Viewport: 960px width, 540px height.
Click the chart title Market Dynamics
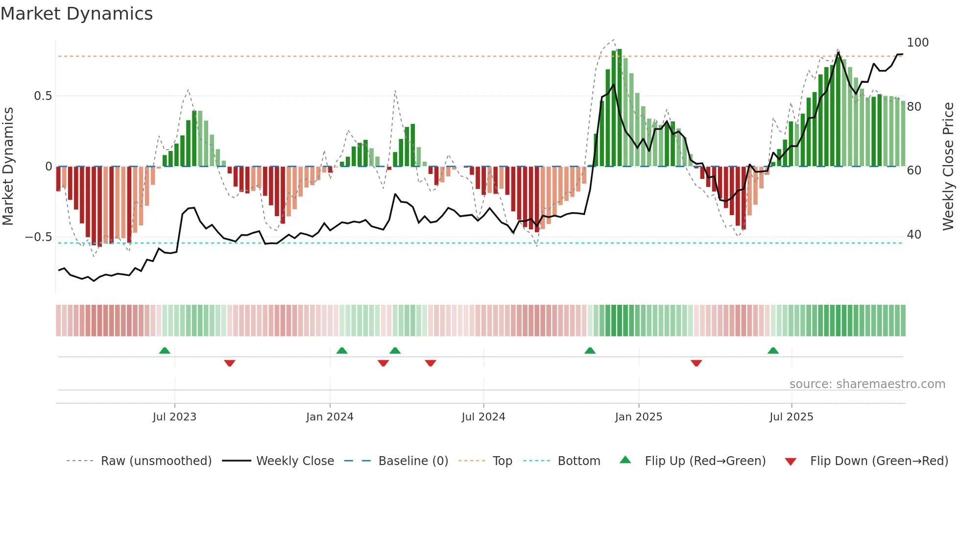[x=76, y=14]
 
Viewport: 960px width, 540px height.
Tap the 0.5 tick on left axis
[x=43, y=96]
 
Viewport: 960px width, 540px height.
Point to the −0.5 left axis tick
[x=39, y=237]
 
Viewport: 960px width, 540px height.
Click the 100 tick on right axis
[x=917, y=43]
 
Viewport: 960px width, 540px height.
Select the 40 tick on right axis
[x=914, y=235]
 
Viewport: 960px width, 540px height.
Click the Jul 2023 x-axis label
[x=174, y=417]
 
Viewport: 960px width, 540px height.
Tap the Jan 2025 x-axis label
[x=638, y=417]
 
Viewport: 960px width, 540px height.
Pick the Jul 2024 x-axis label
[x=483, y=417]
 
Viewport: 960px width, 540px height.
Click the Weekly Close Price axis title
[x=948, y=167]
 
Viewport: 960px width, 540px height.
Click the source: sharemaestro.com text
[x=867, y=384]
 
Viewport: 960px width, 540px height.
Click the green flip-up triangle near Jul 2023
[x=165, y=350]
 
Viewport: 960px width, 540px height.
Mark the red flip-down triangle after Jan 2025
[x=696, y=363]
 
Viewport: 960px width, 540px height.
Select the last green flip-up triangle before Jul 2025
[x=773, y=350]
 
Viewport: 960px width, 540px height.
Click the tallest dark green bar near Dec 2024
[x=620, y=108]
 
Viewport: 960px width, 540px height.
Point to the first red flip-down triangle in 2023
[x=230, y=363]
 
